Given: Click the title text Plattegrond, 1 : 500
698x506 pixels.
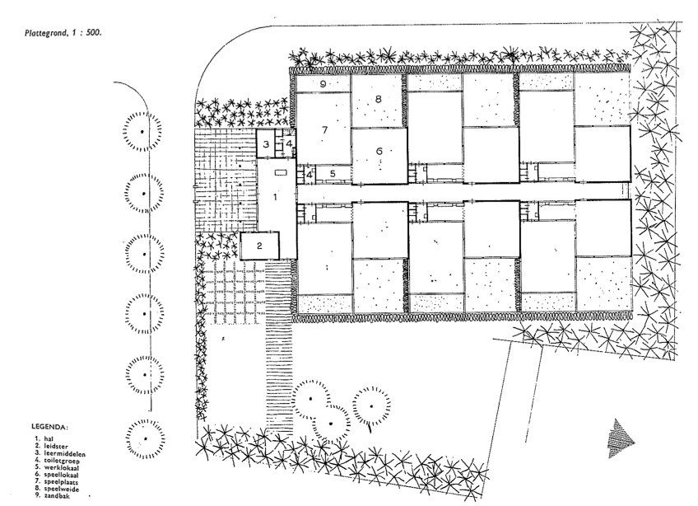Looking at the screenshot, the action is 63,32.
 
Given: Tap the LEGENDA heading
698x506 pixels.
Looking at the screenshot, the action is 50,427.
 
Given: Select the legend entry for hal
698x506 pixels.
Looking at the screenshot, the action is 44,438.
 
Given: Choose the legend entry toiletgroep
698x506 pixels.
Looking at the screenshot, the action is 58,461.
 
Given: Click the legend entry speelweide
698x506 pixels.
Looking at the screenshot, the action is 57,489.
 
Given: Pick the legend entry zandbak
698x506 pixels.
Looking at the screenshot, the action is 53,496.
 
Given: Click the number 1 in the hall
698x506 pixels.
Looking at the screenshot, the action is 275,197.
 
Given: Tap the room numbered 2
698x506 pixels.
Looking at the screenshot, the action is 259,246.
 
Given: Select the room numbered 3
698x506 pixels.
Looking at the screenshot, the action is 266,144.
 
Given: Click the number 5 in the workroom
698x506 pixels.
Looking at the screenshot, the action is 333,173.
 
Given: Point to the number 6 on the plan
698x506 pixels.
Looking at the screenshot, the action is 379,151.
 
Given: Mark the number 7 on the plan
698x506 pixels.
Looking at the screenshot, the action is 325,129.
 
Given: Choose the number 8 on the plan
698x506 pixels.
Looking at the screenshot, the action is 379,99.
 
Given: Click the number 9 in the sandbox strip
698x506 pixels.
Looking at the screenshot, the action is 323,83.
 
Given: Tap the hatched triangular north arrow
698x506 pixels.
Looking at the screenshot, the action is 621,438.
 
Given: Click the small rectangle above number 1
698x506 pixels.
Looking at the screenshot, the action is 282,172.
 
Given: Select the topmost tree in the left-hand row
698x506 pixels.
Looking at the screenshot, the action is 142,131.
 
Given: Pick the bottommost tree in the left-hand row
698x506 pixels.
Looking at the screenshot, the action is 145,438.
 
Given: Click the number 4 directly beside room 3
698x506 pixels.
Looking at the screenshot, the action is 289,143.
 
